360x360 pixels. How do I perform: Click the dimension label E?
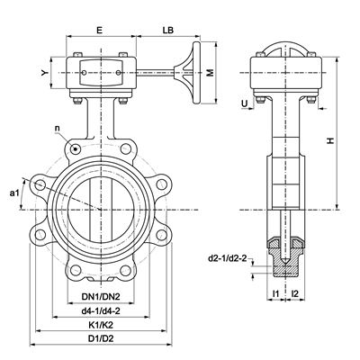99,30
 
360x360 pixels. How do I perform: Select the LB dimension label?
168,30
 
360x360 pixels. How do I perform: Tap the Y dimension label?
45,73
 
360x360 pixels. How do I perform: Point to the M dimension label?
211,73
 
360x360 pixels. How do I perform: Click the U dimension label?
245,103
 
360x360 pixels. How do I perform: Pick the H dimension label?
330,140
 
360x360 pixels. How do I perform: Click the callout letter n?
58,128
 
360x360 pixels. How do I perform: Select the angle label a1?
14,193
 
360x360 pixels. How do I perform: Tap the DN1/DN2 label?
101,297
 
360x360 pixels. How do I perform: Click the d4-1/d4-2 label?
101,311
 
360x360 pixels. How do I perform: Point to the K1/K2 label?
101,325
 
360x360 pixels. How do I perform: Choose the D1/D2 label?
101,338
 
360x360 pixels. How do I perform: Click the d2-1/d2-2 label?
228,258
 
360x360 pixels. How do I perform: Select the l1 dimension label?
275,294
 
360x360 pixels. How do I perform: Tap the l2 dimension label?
295,294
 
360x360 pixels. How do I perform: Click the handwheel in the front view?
196,73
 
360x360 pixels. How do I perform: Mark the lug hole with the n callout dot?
75,148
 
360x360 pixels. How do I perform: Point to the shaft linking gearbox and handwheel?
156,71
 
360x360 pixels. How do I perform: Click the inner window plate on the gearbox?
101,73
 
